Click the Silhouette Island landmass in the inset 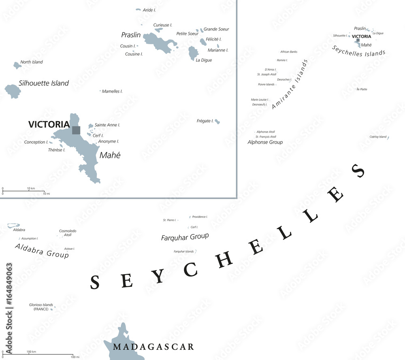[x=13, y=92]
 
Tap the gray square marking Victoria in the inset [x=76, y=130]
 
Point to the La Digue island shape [x=193, y=53]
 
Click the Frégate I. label [x=205, y=121]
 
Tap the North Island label [x=32, y=62]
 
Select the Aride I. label [x=149, y=10]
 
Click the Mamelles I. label [x=112, y=91]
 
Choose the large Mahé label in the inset [x=110, y=155]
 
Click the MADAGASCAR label [x=153, y=347]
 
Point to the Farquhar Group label [x=185, y=237]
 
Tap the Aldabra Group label [x=42, y=251]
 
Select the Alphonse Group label [x=265, y=142]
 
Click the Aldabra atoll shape [x=13, y=225]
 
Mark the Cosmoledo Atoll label [x=68, y=233]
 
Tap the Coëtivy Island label [x=378, y=137]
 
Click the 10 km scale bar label [x=31, y=189]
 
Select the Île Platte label [x=361, y=89]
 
